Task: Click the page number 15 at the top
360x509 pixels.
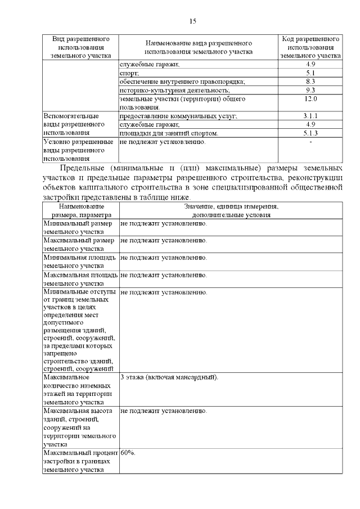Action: coord(192,21)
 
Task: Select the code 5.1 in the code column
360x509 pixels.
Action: coord(310,73)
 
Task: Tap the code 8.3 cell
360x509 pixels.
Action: coord(310,82)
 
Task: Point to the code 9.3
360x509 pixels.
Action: coord(310,90)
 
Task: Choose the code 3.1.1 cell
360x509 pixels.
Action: coord(310,116)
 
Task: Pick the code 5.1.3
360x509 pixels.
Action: coord(310,133)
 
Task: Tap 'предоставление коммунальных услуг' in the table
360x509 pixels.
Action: coord(178,116)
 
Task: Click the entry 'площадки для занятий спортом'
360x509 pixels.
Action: coord(169,133)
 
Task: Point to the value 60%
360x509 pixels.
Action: coord(128,452)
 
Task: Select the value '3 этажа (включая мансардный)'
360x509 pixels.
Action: coord(169,377)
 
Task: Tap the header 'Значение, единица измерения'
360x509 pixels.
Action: coord(231,207)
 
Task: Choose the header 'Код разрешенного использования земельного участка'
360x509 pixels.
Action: coord(310,48)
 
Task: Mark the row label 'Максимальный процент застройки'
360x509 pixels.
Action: coord(80,460)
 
